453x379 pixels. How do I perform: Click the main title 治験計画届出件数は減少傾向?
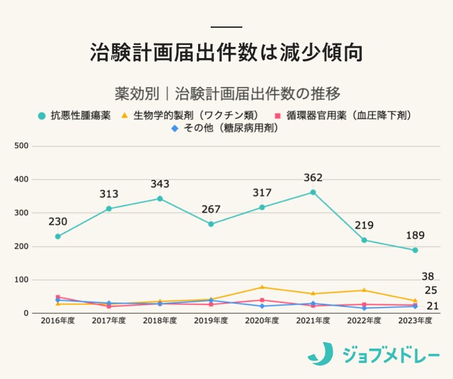point(226,53)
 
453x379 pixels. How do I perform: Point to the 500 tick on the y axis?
point(20,145)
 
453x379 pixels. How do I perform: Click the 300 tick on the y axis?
point(20,213)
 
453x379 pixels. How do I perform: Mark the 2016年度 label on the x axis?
point(57,320)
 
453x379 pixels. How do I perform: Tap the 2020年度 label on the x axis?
point(262,320)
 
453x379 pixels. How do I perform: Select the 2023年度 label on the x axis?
point(415,320)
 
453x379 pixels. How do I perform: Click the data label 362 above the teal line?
point(313,178)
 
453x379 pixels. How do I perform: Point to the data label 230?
point(57,221)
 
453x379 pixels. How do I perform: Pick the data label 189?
point(415,236)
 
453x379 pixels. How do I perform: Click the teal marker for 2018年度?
point(160,198)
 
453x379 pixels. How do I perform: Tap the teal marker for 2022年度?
point(364,240)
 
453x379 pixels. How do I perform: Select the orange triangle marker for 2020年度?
point(262,287)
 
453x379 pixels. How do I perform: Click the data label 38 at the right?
point(428,277)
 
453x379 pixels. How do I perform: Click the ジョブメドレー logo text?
point(390,355)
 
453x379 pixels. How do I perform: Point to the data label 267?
point(211,209)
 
